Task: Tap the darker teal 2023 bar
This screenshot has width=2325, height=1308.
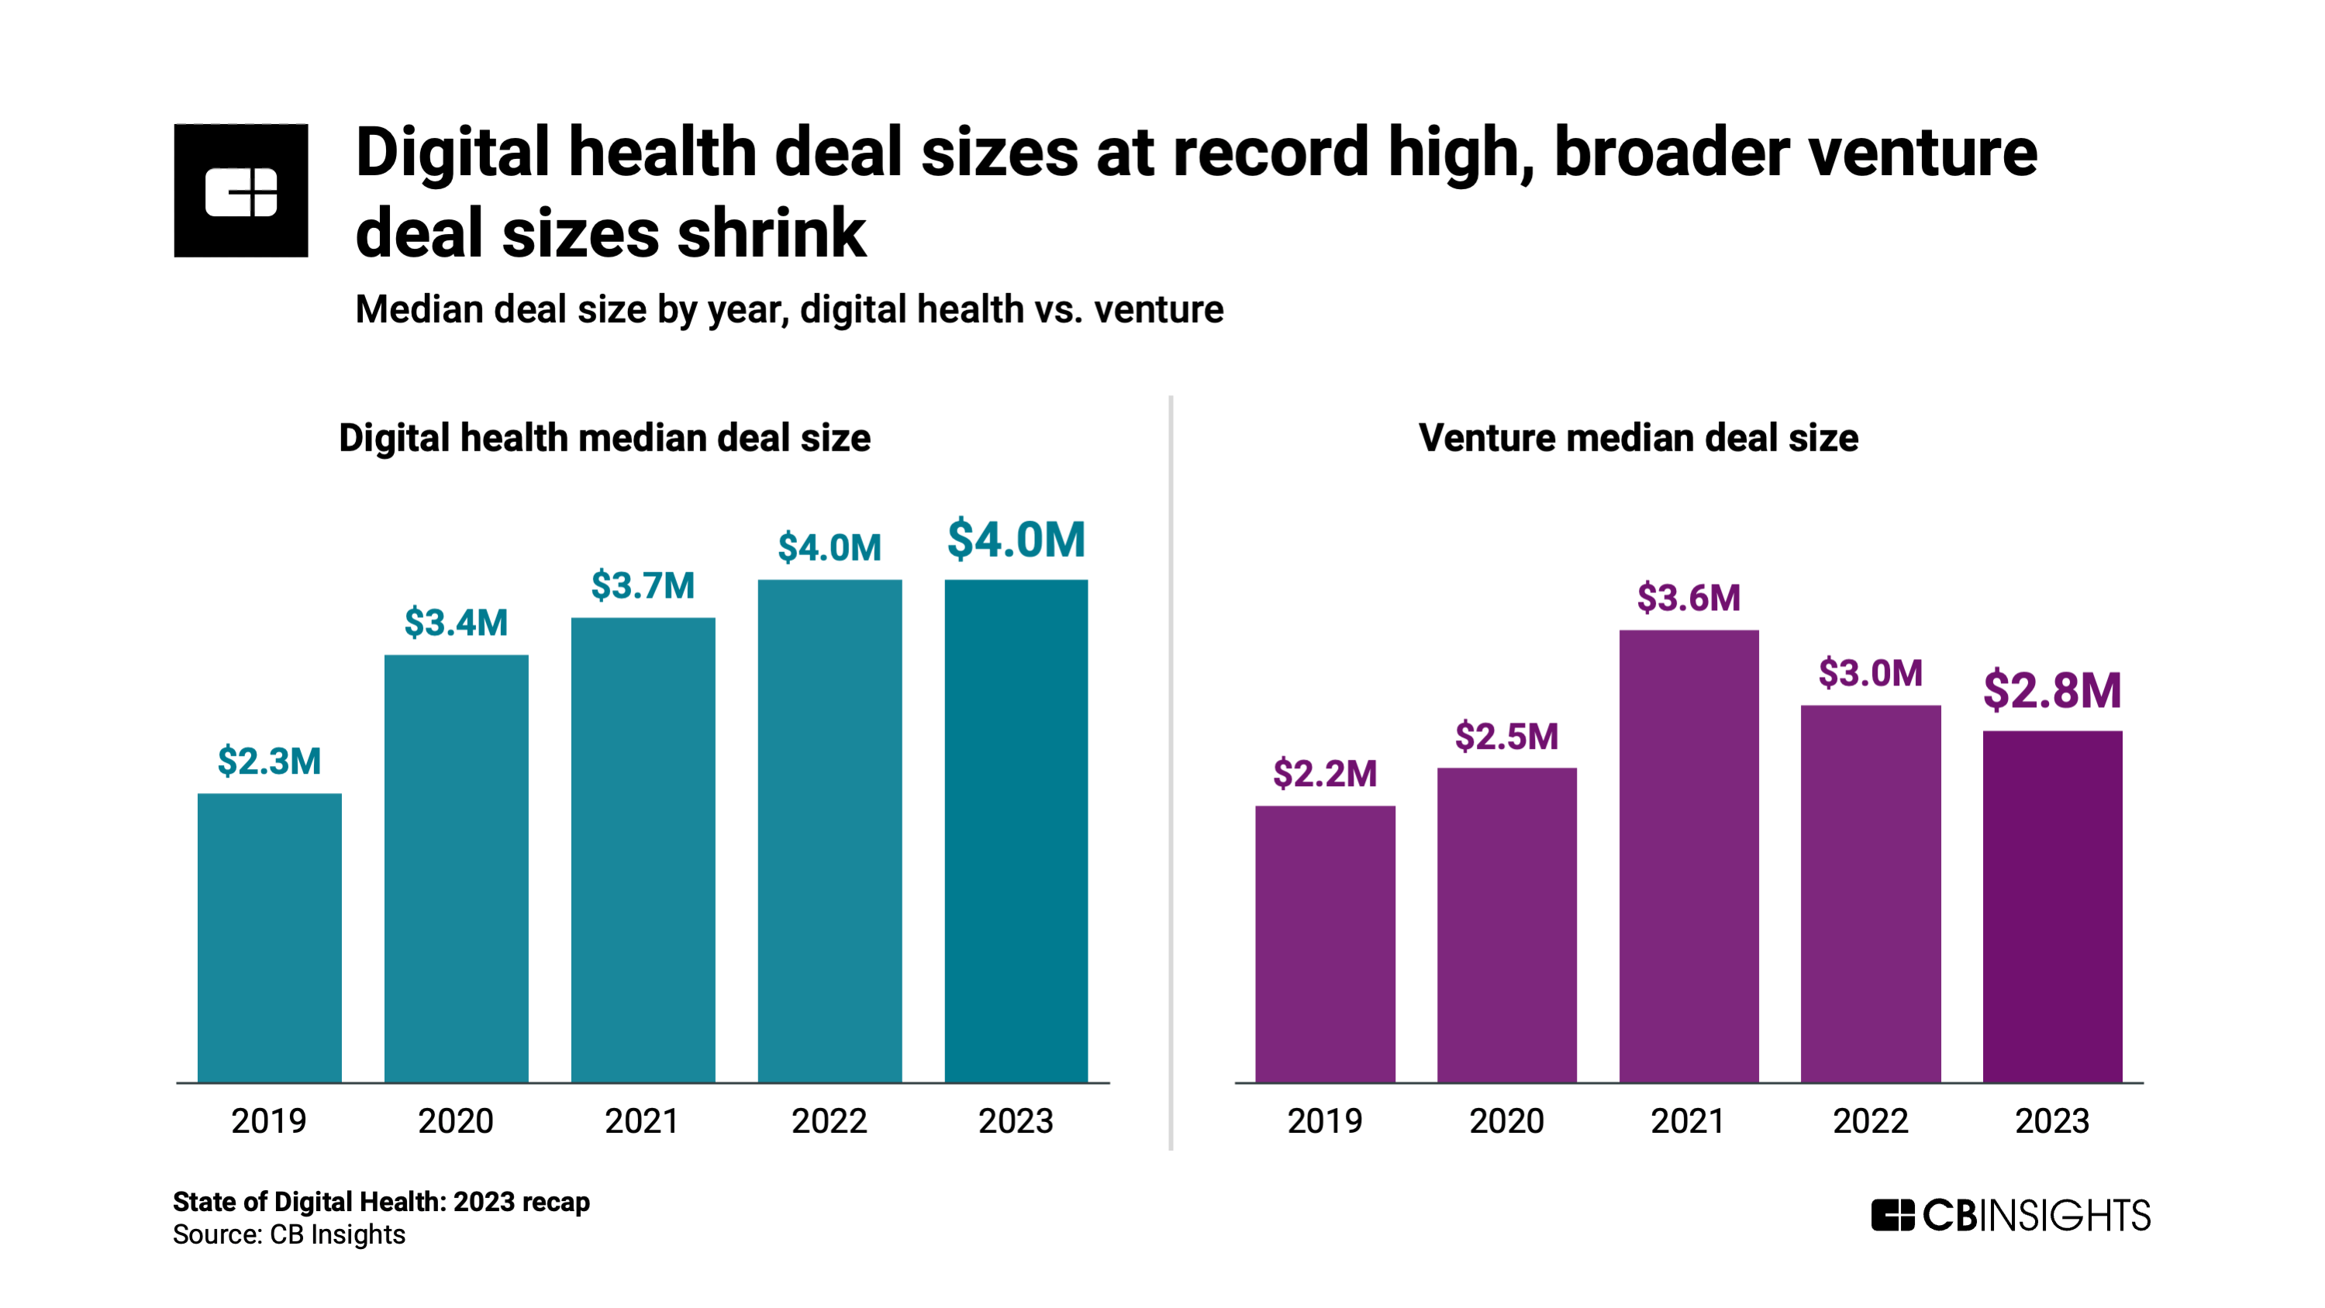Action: (1016, 830)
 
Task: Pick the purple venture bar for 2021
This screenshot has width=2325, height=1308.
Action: (1688, 856)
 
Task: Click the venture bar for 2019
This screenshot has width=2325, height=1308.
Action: (1324, 944)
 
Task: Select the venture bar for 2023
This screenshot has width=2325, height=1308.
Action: (2051, 906)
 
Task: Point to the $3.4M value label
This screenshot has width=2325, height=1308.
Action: (456, 622)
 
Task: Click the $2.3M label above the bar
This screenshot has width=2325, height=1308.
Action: (269, 761)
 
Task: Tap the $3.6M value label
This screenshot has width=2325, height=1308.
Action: (1688, 598)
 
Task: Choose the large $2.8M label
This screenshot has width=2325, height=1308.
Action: (2051, 691)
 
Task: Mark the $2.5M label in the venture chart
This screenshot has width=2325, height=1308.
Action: (1506, 737)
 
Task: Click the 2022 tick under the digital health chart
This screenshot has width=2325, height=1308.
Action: (829, 1120)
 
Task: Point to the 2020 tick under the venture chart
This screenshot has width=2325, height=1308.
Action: (1506, 1120)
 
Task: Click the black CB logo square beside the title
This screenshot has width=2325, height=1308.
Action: (241, 191)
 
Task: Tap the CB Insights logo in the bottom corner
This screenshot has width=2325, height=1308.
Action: (2010, 1215)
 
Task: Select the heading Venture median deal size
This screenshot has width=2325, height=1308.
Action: (1637, 438)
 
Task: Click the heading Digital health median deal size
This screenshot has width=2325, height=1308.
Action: (604, 438)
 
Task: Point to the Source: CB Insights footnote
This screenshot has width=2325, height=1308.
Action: (289, 1234)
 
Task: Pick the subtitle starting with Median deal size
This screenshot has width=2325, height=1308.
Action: (789, 309)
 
